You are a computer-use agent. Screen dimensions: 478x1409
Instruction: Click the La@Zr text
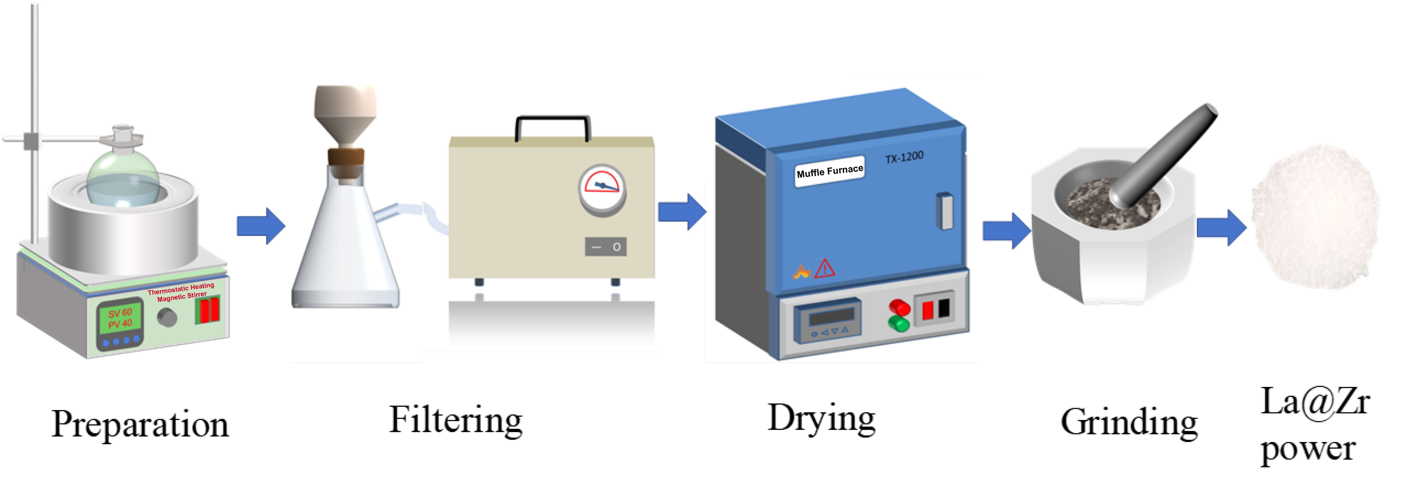coord(1315,402)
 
